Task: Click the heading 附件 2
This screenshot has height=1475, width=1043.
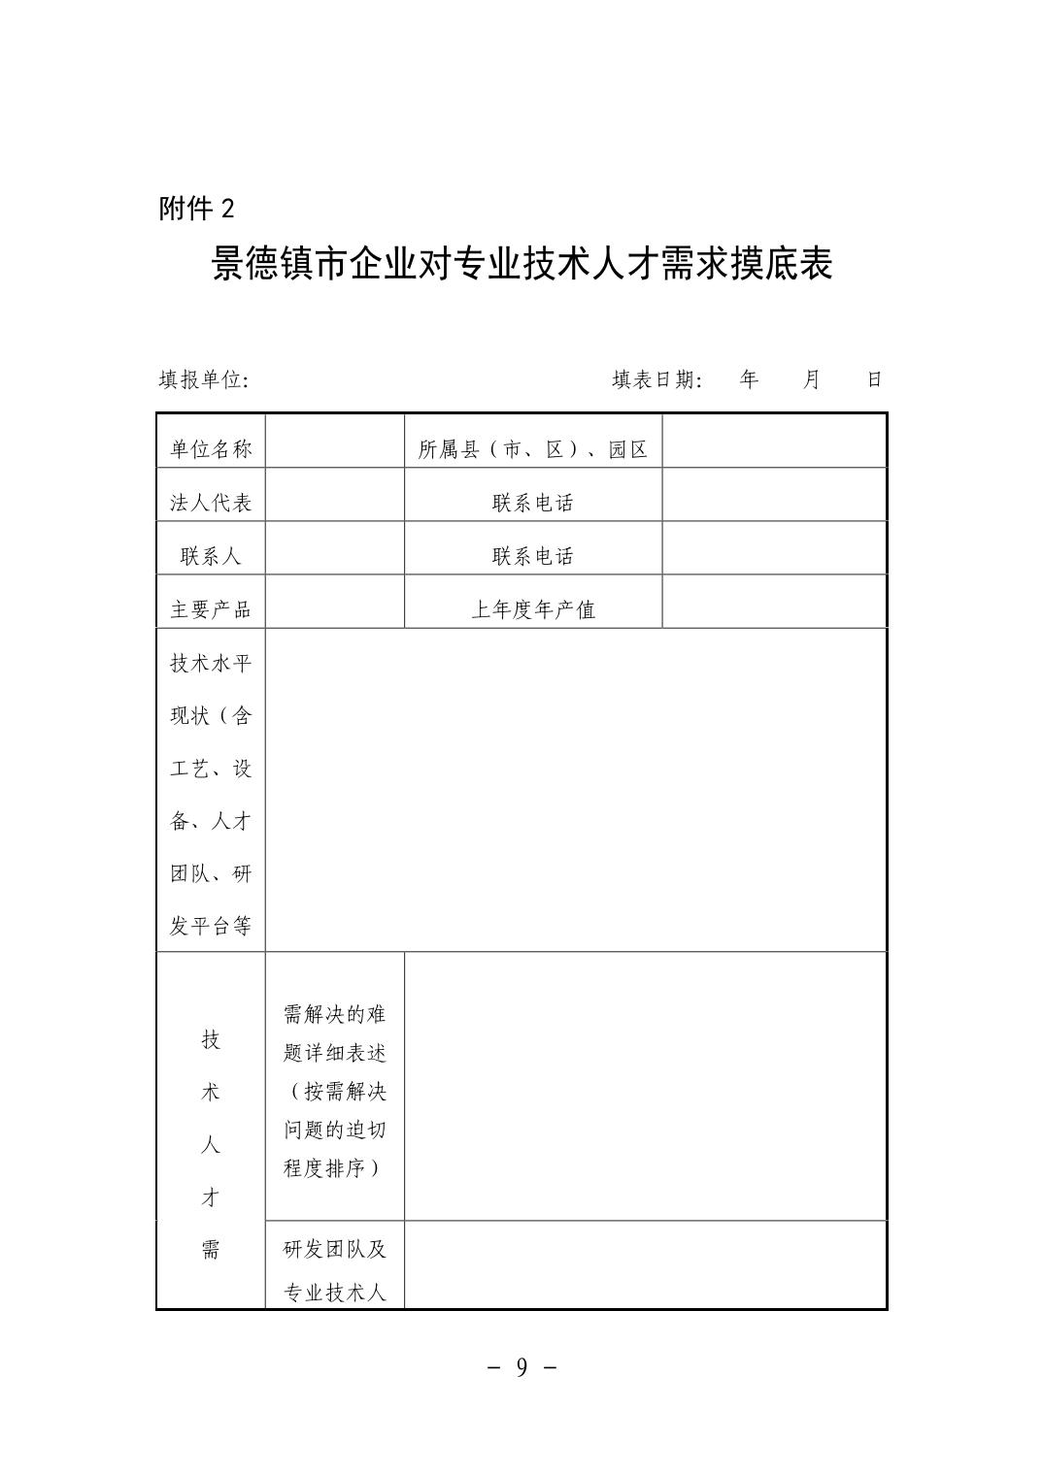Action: (x=197, y=208)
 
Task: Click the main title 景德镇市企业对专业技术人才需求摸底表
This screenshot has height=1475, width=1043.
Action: (x=521, y=264)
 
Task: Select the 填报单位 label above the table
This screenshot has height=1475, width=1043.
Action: (x=204, y=379)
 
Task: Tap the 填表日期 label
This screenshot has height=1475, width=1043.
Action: (x=657, y=379)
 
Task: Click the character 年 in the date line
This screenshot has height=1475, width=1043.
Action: (x=748, y=379)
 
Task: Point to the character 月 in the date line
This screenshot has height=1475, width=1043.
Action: (x=812, y=379)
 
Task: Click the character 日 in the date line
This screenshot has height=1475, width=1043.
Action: (x=874, y=379)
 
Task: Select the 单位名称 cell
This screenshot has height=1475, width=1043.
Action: (x=211, y=449)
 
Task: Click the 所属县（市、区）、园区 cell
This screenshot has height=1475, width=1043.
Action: (x=533, y=449)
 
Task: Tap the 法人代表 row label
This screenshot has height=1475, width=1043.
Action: (x=211, y=503)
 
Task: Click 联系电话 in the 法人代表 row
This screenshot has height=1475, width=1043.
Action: (x=533, y=503)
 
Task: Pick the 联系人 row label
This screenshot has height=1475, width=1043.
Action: (x=211, y=556)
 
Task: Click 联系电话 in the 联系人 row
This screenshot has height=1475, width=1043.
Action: (x=533, y=556)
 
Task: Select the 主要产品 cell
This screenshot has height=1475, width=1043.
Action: (x=211, y=609)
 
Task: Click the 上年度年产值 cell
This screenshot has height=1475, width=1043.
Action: (x=533, y=609)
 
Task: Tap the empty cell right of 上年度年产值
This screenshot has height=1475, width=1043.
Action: (x=774, y=602)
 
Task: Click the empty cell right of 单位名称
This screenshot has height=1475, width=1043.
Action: (x=335, y=442)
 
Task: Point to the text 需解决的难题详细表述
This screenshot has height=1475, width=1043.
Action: (x=335, y=1032)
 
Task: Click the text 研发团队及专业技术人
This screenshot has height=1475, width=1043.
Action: (x=335, y=1270)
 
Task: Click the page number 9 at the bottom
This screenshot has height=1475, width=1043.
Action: (x=521, y=1367)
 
